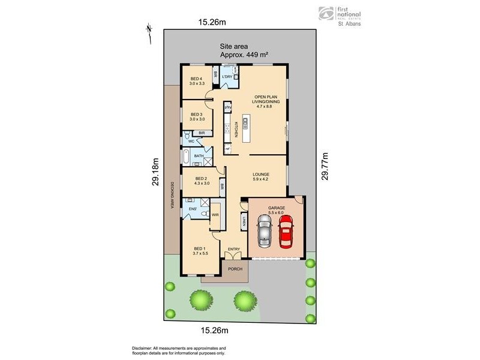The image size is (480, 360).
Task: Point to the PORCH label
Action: pos(235,269)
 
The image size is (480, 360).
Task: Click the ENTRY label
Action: pos(233,248)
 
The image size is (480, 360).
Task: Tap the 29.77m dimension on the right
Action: pos(325,166)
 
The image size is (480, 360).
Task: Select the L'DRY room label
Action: pos(227,78)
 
